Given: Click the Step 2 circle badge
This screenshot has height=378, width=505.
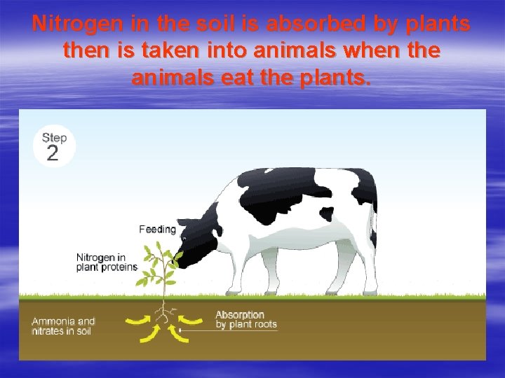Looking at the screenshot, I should (53, 146).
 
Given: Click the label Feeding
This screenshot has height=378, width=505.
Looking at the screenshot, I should (157, 229).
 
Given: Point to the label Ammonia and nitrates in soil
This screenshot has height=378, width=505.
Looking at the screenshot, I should (63, 326).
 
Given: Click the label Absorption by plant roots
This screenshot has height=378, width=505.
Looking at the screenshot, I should (245, 319).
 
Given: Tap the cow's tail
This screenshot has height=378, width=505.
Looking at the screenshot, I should (374, 217).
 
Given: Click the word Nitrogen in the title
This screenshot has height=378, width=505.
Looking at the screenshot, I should (68, 24).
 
